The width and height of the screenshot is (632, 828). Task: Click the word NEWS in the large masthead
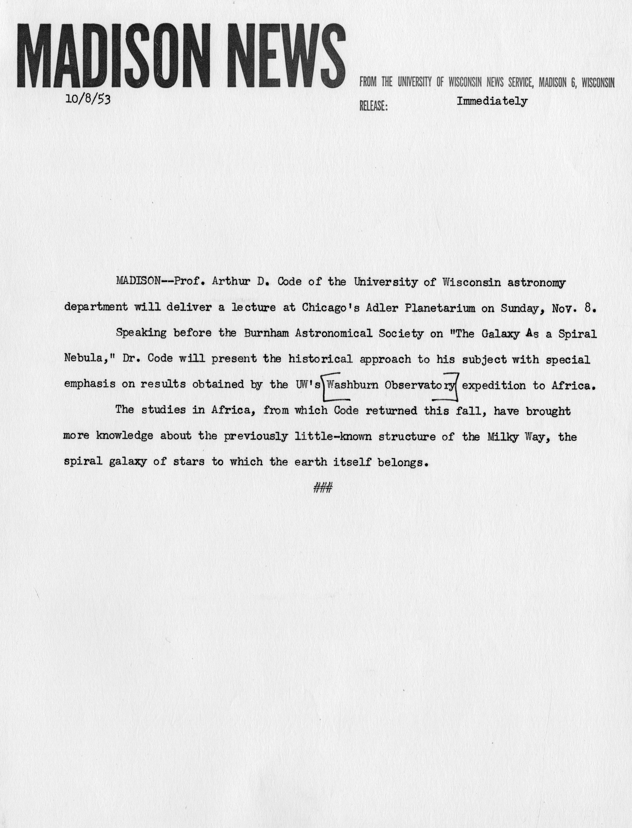click(x=288, y=55)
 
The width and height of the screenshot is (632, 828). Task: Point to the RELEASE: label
click(x=373, y=106)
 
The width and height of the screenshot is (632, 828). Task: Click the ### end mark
click(x=322, y=488)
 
